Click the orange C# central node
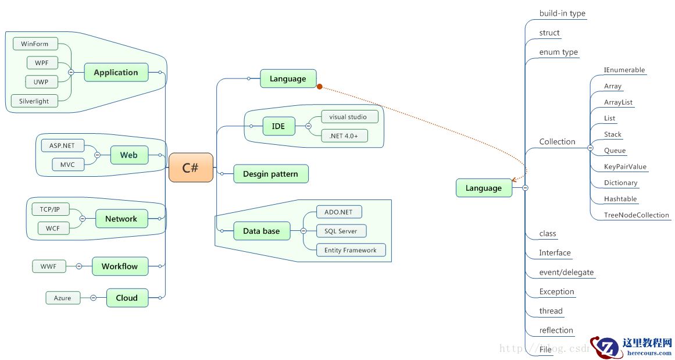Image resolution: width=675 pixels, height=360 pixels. coord(191,168)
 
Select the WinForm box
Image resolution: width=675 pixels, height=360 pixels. coord(35,44)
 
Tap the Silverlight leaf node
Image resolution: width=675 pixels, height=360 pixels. coord(34,101)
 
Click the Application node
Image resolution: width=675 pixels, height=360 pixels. coord(116,73)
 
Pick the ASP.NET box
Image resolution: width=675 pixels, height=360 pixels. coord(62,145)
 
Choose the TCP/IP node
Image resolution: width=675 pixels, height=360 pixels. coord(50,209)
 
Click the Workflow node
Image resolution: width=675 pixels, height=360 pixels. coord(120,266)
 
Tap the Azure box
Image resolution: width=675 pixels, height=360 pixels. coord(62,298)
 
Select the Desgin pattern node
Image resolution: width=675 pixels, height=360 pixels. coord(270,174)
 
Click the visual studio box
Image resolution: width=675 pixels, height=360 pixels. coord(348,117)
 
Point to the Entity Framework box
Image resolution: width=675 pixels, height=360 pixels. coord(351,250)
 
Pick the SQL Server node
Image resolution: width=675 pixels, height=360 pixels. coord(341,231)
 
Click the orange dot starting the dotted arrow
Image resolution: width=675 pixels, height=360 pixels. coord(320,87)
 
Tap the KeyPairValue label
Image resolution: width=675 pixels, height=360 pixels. coord(625,166)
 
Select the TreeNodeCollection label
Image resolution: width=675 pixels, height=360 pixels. coord(637,215)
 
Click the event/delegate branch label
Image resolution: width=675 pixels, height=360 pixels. coord(566,272)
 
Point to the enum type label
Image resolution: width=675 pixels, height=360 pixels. coord(558,52)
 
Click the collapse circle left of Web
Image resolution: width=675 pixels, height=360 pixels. coord(97,155)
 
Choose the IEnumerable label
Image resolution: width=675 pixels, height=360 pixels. coord(624,70)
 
